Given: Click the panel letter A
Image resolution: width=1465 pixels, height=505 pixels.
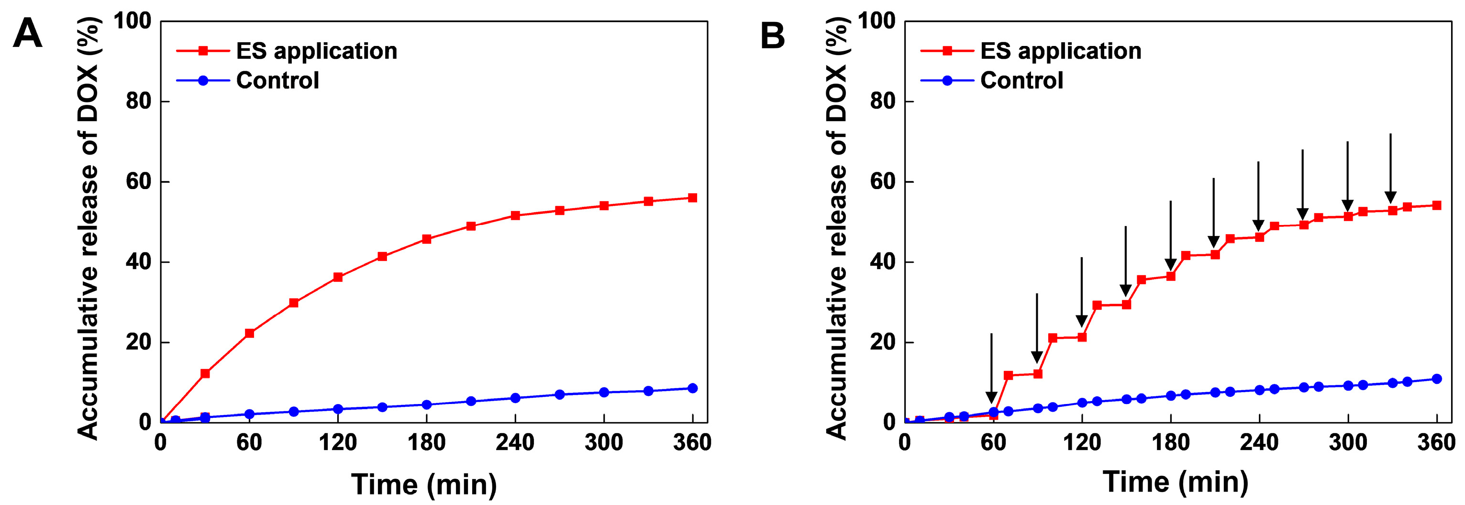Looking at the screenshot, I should [x=27, y=34].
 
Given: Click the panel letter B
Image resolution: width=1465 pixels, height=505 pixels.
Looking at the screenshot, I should [x=772, y=35].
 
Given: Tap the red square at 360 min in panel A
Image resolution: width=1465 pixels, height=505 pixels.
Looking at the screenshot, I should [x=692, y=198].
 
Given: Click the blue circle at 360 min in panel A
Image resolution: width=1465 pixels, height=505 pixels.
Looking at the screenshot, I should [x=692, y=388].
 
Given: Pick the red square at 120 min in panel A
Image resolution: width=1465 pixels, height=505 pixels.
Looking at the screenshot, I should [x=338, y=277].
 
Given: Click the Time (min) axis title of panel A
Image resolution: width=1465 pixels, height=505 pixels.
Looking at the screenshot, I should [x=424, y=484].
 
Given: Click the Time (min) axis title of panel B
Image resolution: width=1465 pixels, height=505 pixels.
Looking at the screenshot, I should [x=1176, y=482].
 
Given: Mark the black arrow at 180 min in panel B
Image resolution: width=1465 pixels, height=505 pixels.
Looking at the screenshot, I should [x=1170, y=236].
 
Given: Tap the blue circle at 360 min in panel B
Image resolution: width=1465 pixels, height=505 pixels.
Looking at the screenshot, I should [x=1437, y=379].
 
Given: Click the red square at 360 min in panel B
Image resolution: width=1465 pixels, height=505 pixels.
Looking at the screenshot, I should [x=1437, y=205].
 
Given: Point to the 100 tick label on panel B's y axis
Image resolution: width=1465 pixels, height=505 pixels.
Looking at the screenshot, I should [x=877, y=22].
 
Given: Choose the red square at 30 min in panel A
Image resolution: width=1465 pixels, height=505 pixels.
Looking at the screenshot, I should [x=205, y=374].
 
